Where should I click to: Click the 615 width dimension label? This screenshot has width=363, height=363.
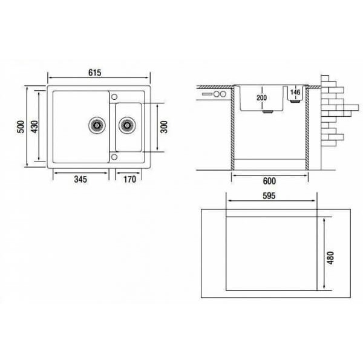coord(95,73)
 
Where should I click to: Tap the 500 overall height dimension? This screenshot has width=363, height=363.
coord(21,126)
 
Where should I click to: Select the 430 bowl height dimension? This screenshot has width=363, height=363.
coord(34,126)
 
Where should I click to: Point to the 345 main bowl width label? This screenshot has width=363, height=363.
coord(80,179)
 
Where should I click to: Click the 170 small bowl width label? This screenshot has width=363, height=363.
coord(129,179)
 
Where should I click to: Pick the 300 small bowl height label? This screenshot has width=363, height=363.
coord(164,126)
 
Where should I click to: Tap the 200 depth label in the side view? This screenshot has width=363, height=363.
coord(261,97)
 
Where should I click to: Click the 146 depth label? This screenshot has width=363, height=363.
coord(295,92)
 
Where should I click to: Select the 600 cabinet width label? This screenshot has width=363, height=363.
coord(269,181)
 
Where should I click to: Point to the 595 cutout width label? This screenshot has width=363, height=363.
coord(269,196)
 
